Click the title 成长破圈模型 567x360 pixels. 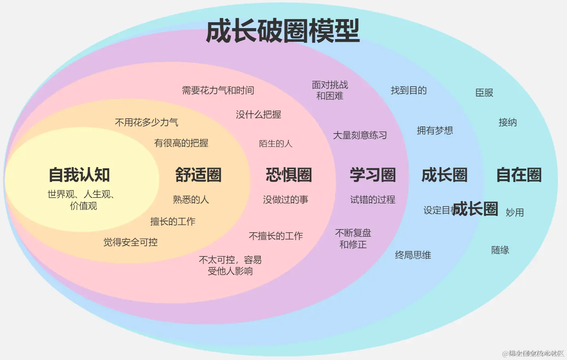282,31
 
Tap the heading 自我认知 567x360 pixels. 79,175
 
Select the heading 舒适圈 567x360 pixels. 198,175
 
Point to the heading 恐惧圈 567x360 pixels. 289,175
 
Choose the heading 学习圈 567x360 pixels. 373,175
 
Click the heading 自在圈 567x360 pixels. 519,175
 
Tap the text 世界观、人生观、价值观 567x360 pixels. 81,200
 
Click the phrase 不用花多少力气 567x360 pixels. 146,123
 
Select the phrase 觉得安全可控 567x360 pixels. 130,242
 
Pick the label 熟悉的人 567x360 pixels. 191,200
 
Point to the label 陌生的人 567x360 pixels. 276,144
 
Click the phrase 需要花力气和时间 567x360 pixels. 218,91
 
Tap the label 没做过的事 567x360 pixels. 285,200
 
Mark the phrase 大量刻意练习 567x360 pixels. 360,135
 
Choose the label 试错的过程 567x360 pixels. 373,200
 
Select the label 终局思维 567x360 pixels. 413,255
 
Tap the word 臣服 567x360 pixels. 484,93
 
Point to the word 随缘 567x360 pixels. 500,250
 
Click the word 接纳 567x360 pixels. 508,123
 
